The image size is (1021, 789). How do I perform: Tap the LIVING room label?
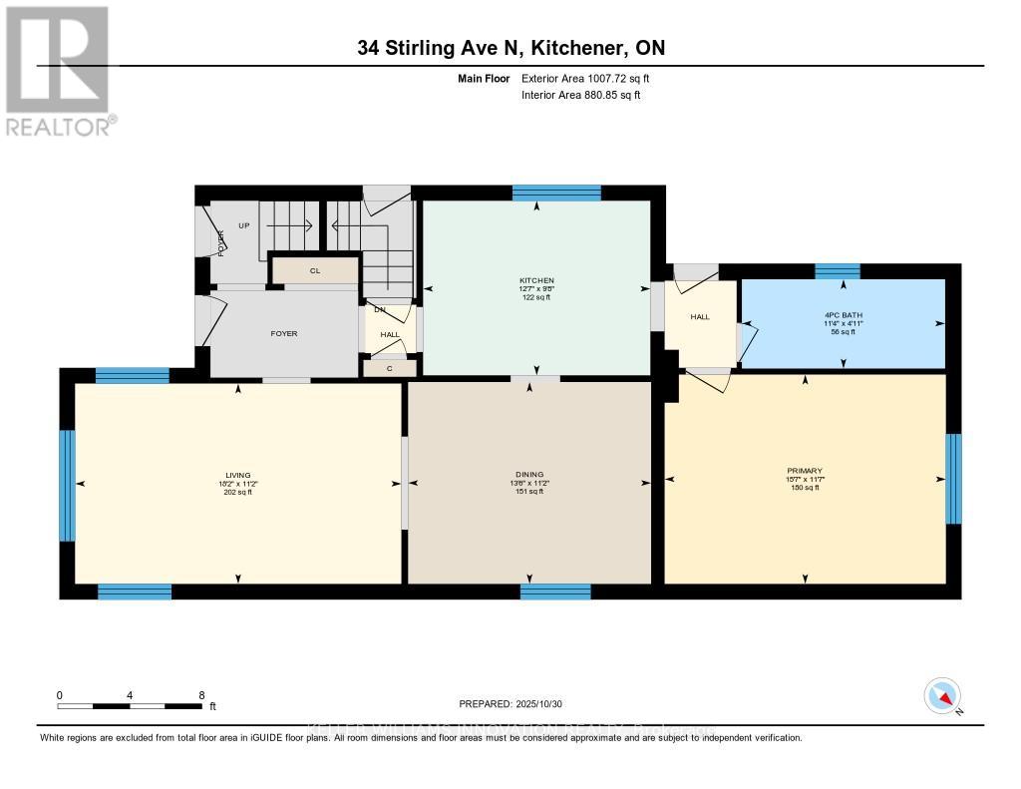click(x=237, y=475)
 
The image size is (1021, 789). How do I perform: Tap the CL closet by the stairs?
click(x=314, y=270)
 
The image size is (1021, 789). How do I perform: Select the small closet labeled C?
click(x=377, y=368)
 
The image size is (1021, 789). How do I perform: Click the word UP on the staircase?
click(x=244, y=225)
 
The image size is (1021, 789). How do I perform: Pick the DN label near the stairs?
click(x=379, y=309)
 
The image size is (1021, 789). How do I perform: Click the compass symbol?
click(x=942, y=695)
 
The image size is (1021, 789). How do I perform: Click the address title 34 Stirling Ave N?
click(x=510, y=48)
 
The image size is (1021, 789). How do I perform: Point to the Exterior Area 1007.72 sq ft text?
click(x=585, y=78)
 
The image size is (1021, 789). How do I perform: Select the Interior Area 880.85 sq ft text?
click(x=580, y=95)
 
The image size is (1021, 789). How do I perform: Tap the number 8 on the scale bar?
click(x=202, y=695)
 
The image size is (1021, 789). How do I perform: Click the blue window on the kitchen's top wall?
click(x=556, y=194)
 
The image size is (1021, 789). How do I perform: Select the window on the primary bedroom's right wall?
click(x=953, y=479)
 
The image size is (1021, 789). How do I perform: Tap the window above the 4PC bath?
click(x=837, y=271)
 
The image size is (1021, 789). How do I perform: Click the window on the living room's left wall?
click(x=68, y=485)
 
